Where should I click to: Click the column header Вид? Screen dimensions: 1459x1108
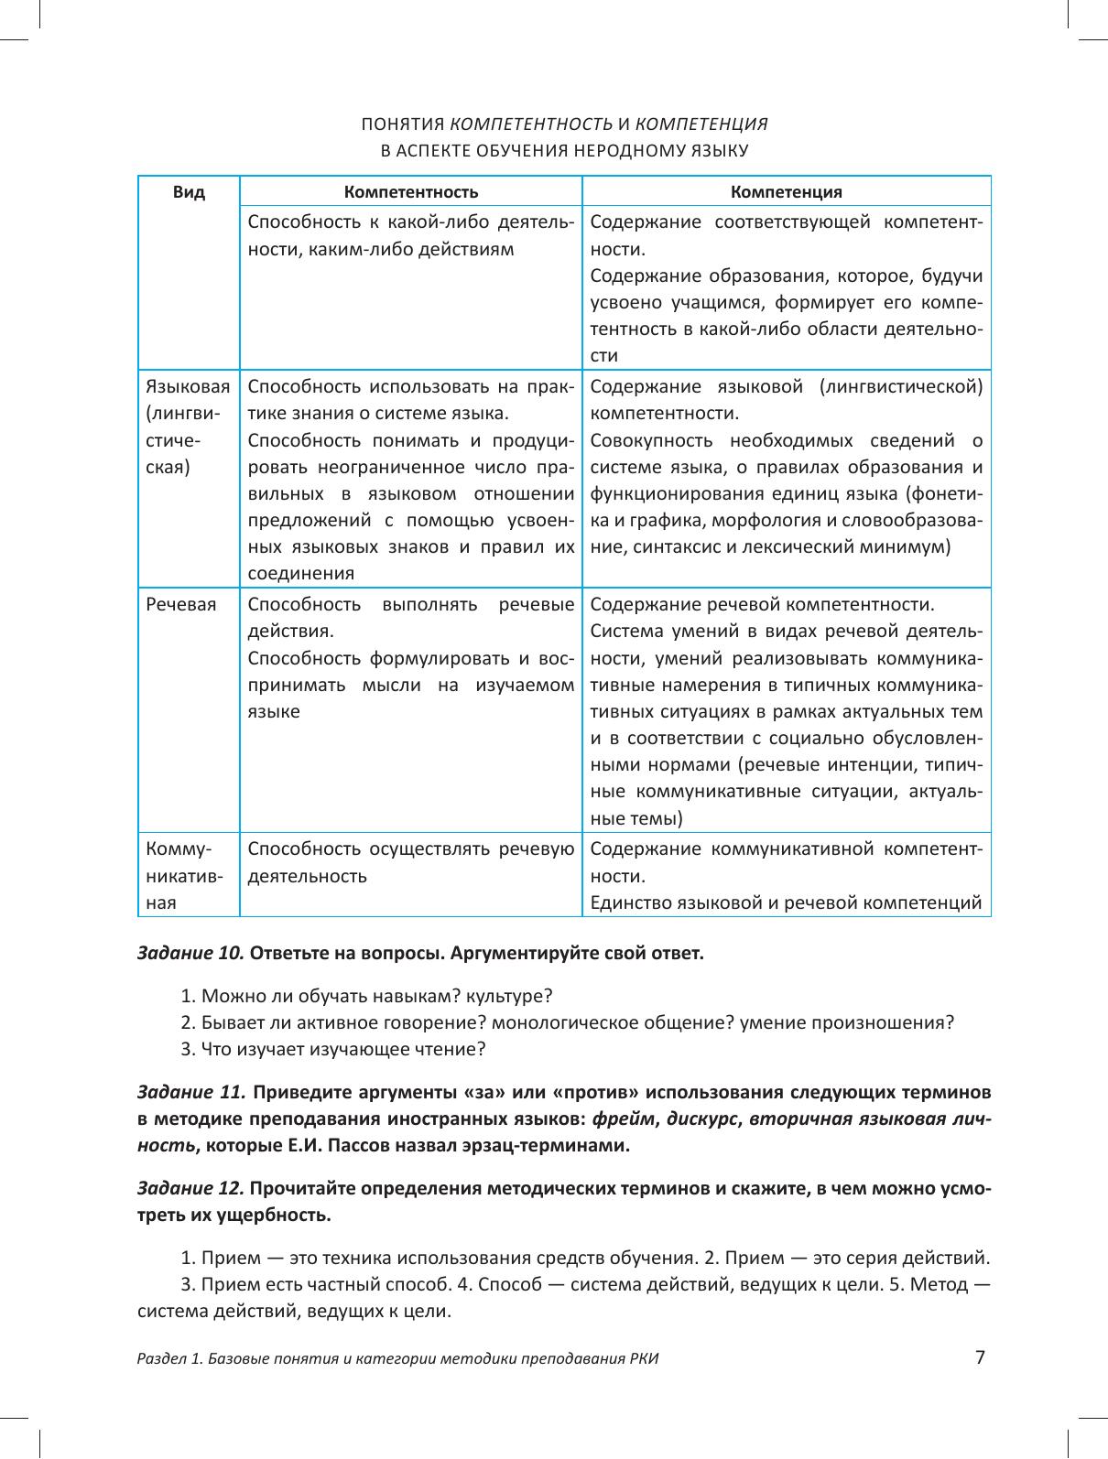189,192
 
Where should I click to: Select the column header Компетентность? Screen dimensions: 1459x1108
411,192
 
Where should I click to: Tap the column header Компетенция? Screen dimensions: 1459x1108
787,192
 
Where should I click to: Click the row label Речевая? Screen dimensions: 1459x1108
181,605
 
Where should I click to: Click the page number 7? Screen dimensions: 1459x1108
980,1357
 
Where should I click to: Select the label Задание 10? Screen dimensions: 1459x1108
190,953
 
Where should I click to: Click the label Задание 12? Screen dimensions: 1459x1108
190,1189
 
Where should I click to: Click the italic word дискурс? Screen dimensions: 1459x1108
703,1119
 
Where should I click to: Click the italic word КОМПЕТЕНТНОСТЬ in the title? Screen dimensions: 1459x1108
532,124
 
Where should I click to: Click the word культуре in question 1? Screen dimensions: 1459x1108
514,996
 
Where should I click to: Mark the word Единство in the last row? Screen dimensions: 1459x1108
630,903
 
